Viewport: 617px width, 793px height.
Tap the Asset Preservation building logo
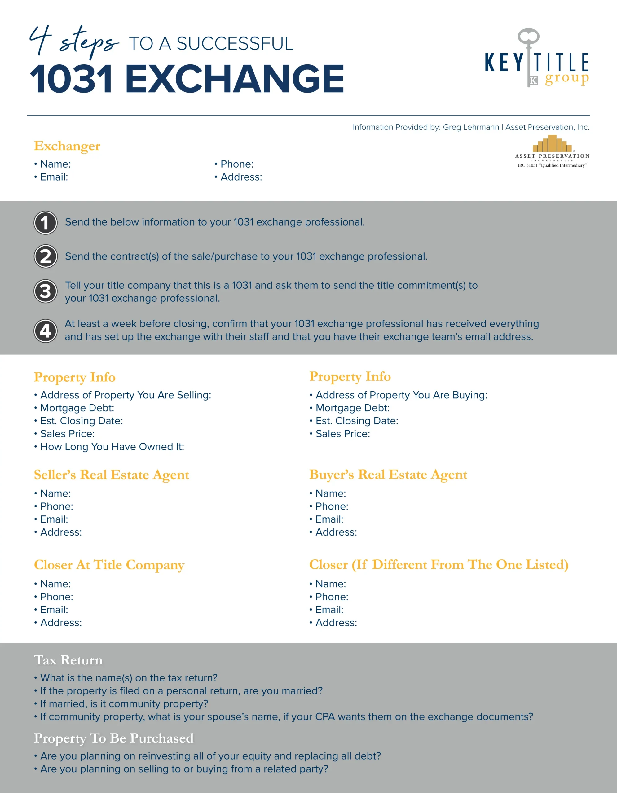pyautogui.click(x=552, y=144)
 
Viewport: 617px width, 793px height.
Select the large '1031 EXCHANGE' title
pyautogui.click(x=187, y=79)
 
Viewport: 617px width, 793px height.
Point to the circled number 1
pyautogui.click(x=45, y=223)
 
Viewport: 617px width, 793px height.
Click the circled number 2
pyautogui.click(x=45, y=256)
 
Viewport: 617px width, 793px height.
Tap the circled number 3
pyautogui.click(x=45, y=291)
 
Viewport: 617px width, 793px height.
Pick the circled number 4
pyautogui.click(x=45, y=331)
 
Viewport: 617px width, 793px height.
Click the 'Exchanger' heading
pyautogui.click(x=67, y=146)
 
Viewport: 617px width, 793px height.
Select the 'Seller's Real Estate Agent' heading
pyautogui.click(x=112, y=475)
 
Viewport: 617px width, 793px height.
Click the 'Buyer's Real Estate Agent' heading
pyautogui.click(x=388, y=475)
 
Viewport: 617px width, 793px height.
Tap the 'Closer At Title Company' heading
pyautogui.click(x=109, y=565)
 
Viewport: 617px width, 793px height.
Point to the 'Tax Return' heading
pyautogui.click(x=68, y=660)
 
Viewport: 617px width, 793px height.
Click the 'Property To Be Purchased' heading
pyautogui.click(x=114, y=738)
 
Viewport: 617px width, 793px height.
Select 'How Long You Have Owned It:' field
pyautogui.click(x=112, y=447)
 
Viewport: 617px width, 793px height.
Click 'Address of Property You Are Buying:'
pyautogui.click(x=401, y=395)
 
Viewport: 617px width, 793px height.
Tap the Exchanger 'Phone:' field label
pyautogui.click(x=237, y=164)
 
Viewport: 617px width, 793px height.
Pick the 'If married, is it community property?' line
pyautogui.click(x=124, y=704)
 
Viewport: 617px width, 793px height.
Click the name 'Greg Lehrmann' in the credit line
pyautogui.click(x=471, y=127)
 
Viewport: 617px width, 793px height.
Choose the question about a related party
pyautogui.click(x=184, y=769)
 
